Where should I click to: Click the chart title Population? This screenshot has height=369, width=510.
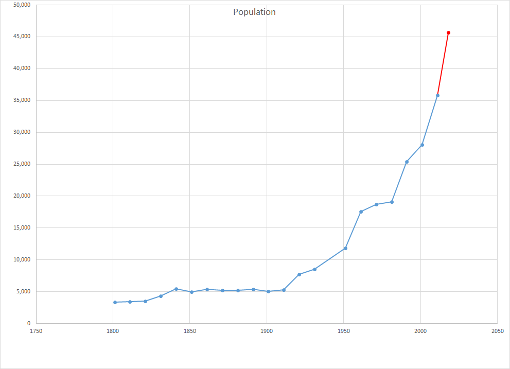(x=254, y=12)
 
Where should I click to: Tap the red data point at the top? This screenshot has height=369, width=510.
(x=448, y=32)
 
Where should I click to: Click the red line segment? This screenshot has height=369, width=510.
(x=443, y=64)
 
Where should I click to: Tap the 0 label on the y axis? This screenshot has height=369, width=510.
(x=29, y=323)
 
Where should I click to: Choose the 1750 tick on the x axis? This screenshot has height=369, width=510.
(x=36, y=332)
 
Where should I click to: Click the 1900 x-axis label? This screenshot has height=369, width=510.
(x=267, y=332)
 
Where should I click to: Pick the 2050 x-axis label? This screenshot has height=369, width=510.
(x=497, y=332)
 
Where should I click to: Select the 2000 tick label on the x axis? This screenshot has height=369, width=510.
(x=420, y=332)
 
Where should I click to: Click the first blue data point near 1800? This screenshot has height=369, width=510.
(x=115, y=302)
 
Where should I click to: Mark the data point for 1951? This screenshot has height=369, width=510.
(x=345, y=248)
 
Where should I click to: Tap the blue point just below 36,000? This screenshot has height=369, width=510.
(x=437, y=95)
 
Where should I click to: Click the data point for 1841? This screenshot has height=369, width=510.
(x=176, y=289)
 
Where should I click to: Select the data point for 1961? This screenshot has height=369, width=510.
(x=361, y=212)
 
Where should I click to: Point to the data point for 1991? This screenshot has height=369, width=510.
(x=407, y=162)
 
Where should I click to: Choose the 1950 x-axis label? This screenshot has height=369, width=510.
(x=343, y=332)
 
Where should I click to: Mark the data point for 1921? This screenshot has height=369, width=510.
(x=299, y=274)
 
